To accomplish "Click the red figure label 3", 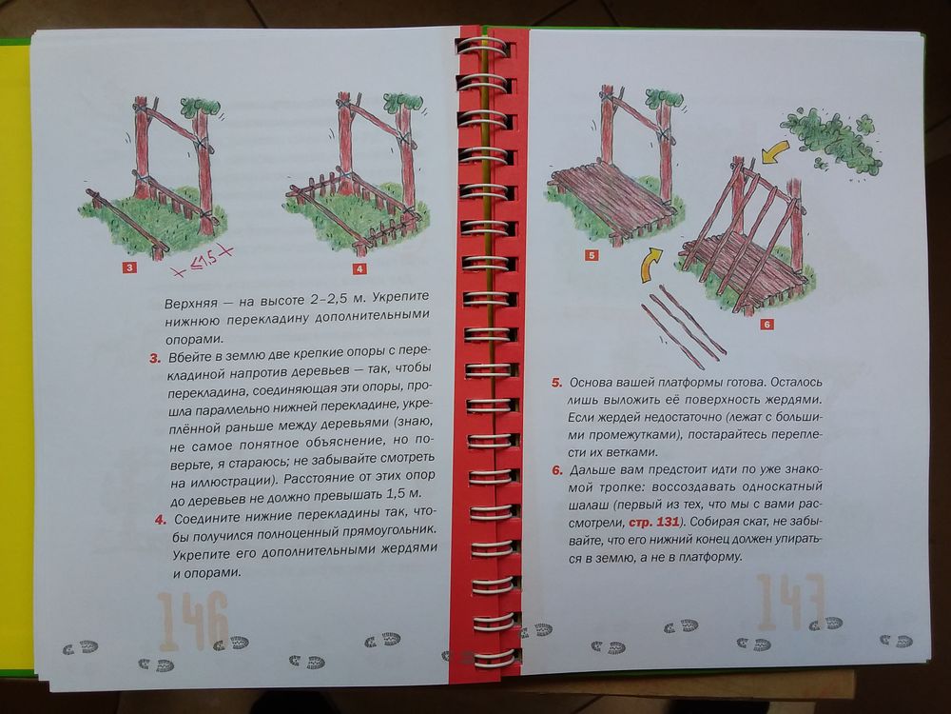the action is [x=128, y=268].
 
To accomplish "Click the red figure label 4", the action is [x=359, y=268].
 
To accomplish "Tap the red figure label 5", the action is [x=592, y=255].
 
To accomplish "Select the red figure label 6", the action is [x=767, y=325].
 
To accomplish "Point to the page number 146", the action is [x=193, y=621].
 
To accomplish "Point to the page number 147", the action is [x=791, y=603].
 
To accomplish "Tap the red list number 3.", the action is [x=155, y=359].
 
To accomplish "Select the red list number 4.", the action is [x=160, y=520].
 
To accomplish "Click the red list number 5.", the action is [x=556, y=383].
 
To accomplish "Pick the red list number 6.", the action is [x=557, y=470].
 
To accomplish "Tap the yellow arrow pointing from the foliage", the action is [x=775, y=151].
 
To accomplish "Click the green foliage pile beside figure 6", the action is [x=834, y=141].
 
